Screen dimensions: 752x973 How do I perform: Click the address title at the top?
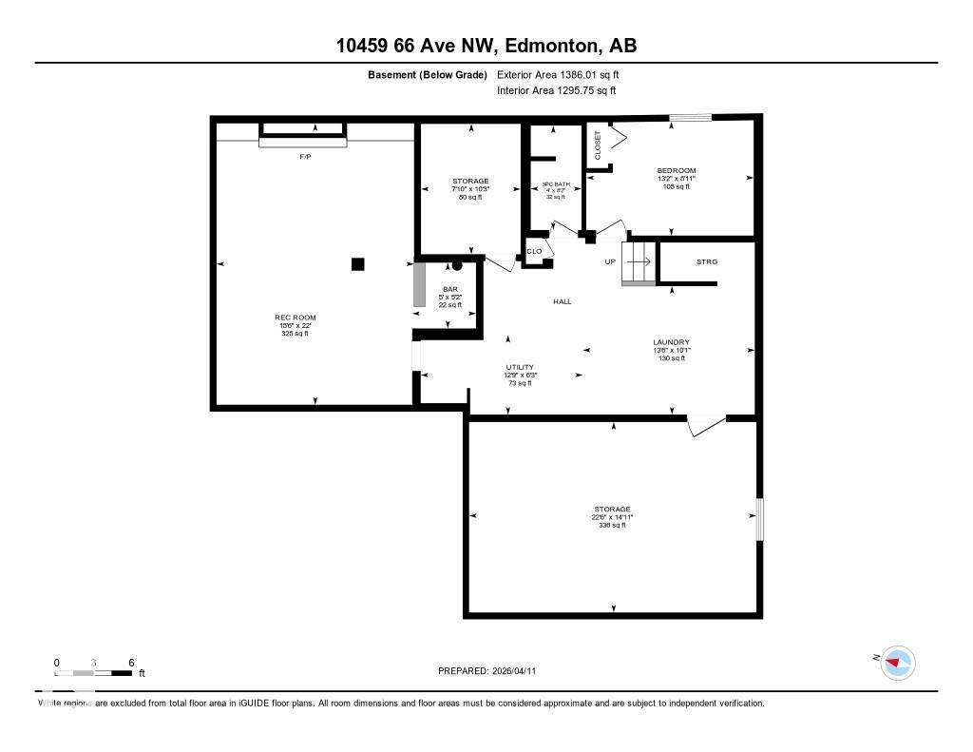click(486, 45)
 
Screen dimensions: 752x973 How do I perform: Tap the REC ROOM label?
click(295, 318)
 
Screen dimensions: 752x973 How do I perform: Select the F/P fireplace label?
click(305, 156)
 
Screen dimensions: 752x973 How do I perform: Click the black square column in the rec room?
click(357, 264)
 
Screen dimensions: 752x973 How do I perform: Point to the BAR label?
click(449, 289)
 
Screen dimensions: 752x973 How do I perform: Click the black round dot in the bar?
click(456, 266)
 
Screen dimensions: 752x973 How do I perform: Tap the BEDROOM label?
click(677, 171)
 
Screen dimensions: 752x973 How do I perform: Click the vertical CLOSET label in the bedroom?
click(598, 145)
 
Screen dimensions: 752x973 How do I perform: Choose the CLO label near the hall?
click(534, 252)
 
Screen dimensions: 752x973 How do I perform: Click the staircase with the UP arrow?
click(638, 262)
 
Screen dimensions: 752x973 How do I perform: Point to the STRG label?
click(706, 261)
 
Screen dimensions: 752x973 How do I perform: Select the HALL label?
click(563, 301)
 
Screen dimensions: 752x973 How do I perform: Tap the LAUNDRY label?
click(671, 342)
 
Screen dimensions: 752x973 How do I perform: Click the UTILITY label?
click(520, 367)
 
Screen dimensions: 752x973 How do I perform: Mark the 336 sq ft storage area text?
click(613, 526)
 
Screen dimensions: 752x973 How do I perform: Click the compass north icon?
click(897, 663)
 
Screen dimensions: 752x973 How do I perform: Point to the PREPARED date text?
click(492, 670)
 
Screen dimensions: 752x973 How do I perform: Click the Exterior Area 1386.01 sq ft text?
click(559, 74)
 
